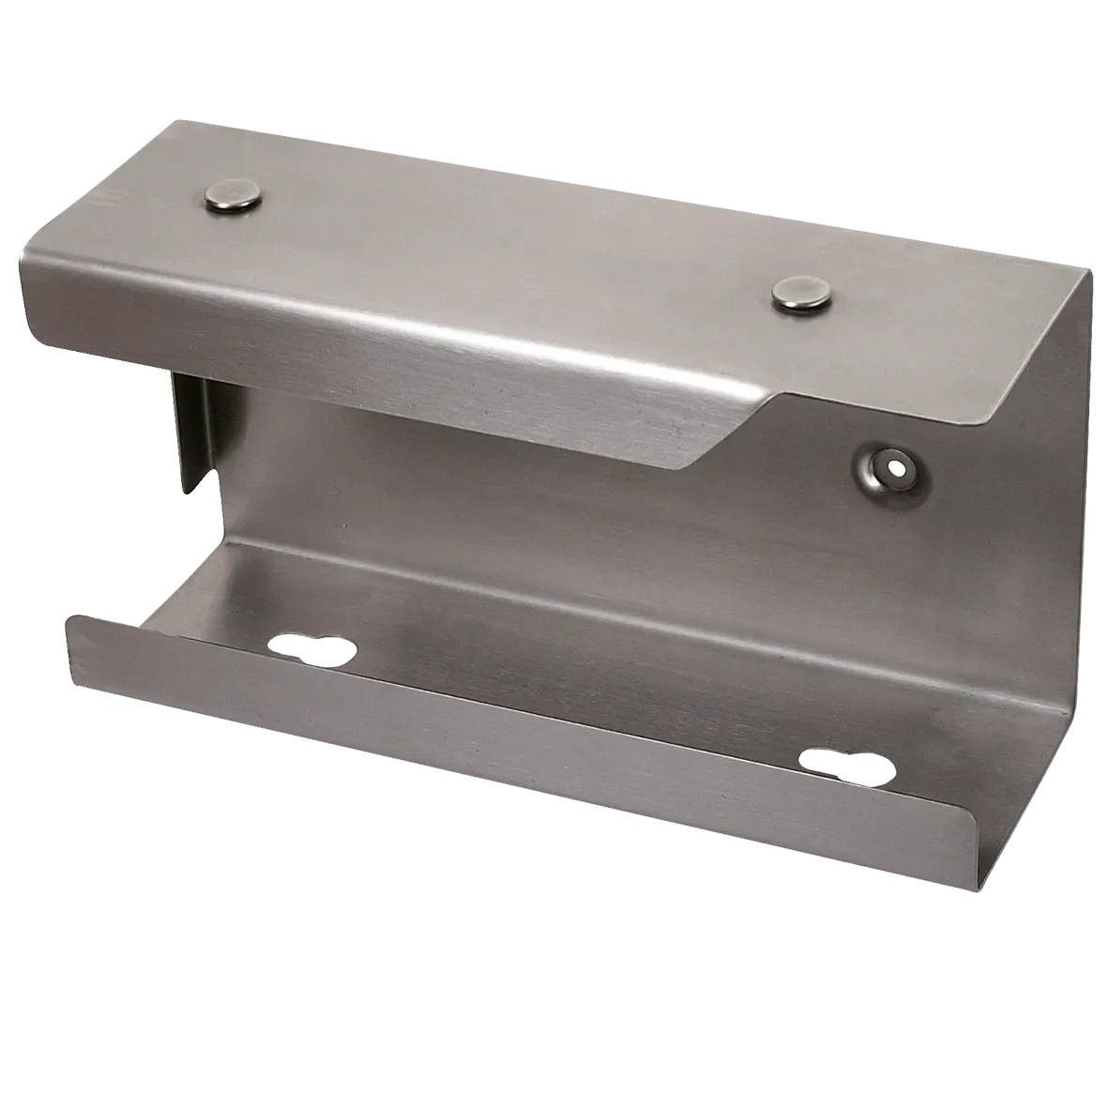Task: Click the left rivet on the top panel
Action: (234, 199)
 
